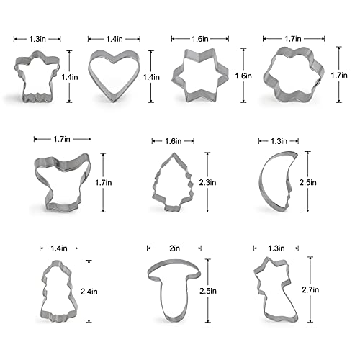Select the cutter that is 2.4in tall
click(x=53, y=292)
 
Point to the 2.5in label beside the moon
click(x=307, y=184)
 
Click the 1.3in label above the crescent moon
click(x=278, y=141)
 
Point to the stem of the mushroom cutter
click(x=171, y=306)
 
